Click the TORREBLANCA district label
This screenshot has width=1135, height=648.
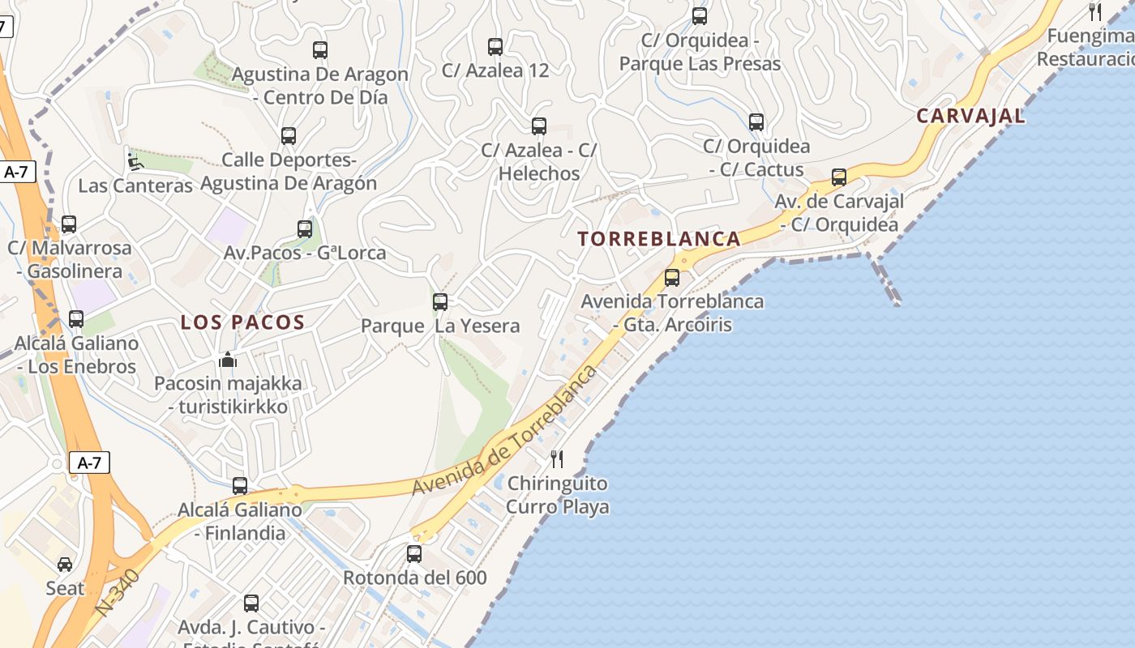click(x=658, y=239)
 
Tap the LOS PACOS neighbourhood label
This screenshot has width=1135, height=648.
click(x=242, y=322)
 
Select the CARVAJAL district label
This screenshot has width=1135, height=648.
click(x=970, y=116)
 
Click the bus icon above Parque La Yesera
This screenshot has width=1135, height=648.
click(x=440, y=302)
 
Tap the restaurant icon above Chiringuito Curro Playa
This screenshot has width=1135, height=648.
click(x=557, y=459)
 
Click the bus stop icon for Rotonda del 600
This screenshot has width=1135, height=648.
click(x=414, y=554)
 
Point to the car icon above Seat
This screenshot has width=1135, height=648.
click(x=65, y=564)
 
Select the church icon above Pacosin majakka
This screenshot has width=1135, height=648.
click(x=228, y=359)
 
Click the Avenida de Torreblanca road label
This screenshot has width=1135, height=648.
click(x=504, y=431)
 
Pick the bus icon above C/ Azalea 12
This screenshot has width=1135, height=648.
click(x=495, y=47)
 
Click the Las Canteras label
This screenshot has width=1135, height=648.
click(x=135, y=185)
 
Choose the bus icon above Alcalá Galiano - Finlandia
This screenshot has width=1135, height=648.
click(x=240, y=486)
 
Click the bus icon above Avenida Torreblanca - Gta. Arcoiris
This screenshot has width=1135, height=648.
click(x=672, y=278)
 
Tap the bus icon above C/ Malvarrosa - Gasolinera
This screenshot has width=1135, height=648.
click(x=69, y=224)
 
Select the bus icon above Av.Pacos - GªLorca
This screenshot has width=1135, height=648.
click(x=305, y=229)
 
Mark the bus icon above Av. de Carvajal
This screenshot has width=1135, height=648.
click(x=839, y=177)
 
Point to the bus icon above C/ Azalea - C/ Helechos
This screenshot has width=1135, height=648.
click(x=539, y=126)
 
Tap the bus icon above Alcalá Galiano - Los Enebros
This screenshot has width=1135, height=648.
click(x=76, y=319)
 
